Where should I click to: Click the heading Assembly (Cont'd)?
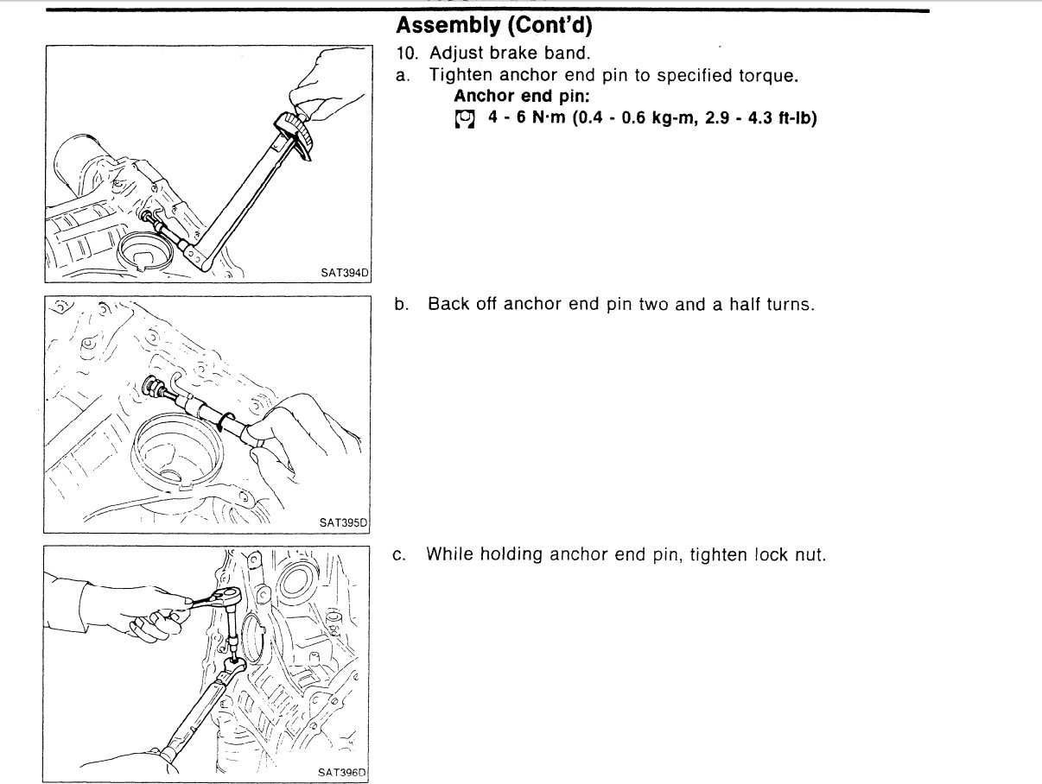pyautogui.click(x=493, y=25)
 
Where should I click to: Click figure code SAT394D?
pyautogui.click(x=345, y=274)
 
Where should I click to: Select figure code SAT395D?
pyautogui.click(x=345, y=523)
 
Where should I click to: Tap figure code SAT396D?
pyautogui.click(x=345, y=773)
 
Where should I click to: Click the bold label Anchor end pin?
pyautogui.click(x=522, y=96)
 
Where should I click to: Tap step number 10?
pyautogui.click(x=406, y=54)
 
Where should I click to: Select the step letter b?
pyautogui.click(x=402, y=305)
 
